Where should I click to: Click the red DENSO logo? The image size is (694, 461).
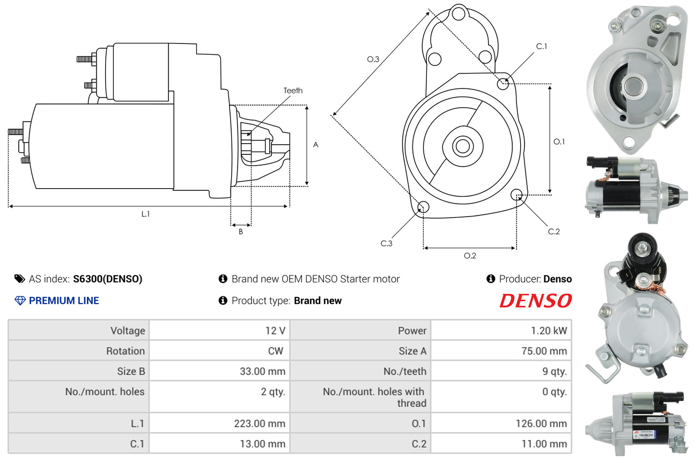coord(536,301)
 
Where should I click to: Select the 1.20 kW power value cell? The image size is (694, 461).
coord(549,331)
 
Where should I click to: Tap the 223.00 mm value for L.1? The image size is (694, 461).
coord(260,423)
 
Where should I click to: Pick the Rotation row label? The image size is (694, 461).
coord(125,351)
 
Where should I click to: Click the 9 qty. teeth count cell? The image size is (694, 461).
coord(555,371)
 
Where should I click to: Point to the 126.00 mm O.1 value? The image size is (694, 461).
coord(541,423)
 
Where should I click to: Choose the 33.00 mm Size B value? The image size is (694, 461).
coord(262,371)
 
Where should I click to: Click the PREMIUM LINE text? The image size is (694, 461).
coord(64,300)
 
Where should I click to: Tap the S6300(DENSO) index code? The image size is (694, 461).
coord(107,279)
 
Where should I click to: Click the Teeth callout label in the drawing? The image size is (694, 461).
coord(293,91)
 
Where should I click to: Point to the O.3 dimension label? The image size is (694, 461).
coord(373,59)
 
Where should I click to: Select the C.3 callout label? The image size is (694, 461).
coord(386,243)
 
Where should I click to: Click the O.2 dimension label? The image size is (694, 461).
coord(470,256)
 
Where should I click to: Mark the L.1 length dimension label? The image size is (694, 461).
coord(146,214)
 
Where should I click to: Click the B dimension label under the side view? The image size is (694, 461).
coord(241,232)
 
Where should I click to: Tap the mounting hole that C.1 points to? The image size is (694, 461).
coord(503,84)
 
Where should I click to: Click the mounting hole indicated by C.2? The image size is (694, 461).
coord(516,195)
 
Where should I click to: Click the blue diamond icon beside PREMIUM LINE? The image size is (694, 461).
coord(20,301)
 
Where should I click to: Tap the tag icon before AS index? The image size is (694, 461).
coord(20,279)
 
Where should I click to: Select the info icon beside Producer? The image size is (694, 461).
coord(491,279)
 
